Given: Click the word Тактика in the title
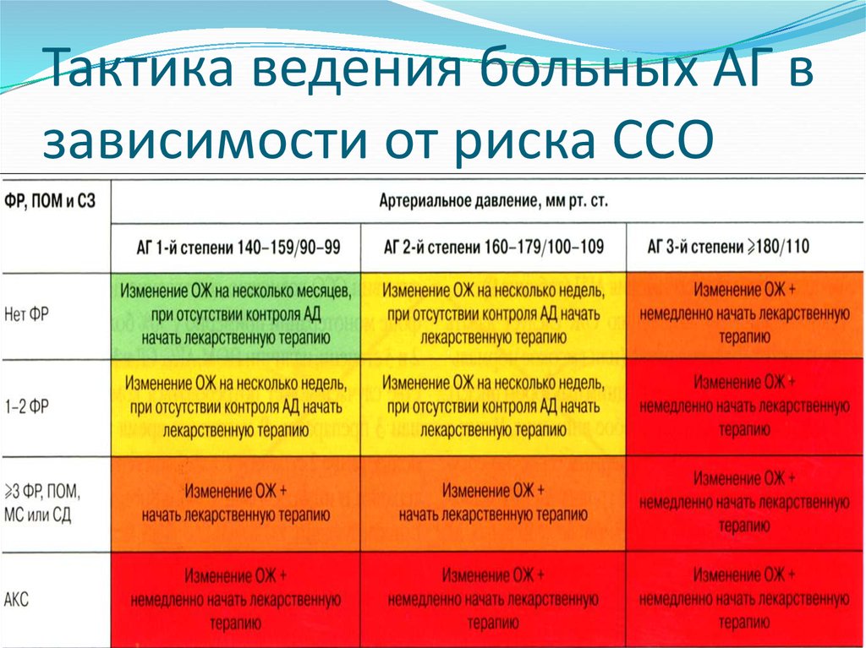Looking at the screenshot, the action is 141,68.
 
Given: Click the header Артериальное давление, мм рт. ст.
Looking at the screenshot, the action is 494,201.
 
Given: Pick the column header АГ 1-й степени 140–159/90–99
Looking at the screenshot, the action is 238,248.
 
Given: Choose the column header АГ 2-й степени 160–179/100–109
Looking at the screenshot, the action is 493,247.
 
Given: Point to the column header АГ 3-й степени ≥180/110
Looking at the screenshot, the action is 728,246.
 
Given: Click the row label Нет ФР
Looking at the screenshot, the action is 26,315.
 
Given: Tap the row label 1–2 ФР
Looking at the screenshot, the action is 26,407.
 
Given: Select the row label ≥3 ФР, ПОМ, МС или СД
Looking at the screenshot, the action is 41,503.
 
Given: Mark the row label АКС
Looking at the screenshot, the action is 16,599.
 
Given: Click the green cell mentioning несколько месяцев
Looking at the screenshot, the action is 236,316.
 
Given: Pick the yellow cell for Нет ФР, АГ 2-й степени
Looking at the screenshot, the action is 493,316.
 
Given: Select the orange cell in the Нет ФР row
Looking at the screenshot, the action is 744,316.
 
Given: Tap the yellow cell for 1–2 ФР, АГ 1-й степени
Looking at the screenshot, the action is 236,408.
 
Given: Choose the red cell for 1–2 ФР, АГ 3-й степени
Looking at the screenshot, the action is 744,408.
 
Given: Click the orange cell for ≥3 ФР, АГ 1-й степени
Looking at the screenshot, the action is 236,504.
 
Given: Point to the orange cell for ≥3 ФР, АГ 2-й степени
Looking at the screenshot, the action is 493,504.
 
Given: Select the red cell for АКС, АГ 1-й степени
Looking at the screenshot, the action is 236,600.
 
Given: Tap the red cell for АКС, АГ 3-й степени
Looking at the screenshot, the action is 744,600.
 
